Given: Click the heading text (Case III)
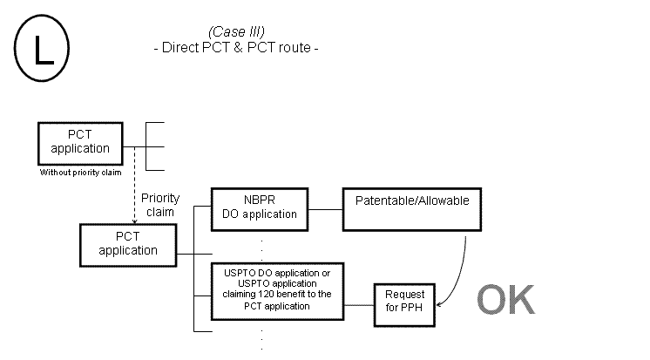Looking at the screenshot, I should coord(236,32).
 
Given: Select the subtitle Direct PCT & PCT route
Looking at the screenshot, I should coord(235,47).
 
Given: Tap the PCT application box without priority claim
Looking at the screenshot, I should coord(80,141).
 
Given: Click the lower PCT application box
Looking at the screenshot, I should coord(128,243).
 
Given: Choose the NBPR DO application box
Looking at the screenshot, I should coord(260,207).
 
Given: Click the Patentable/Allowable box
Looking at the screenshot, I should coord(412,207).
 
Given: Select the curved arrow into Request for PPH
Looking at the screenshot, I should coord(460,270).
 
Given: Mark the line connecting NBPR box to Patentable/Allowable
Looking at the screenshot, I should coord(325,209).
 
